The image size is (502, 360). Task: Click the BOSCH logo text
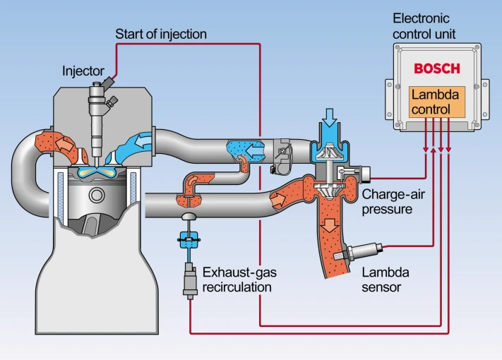436,68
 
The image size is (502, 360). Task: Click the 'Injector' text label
82,71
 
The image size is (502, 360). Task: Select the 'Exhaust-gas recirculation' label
237,279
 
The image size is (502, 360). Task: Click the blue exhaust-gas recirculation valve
189,240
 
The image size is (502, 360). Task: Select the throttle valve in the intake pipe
282,152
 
